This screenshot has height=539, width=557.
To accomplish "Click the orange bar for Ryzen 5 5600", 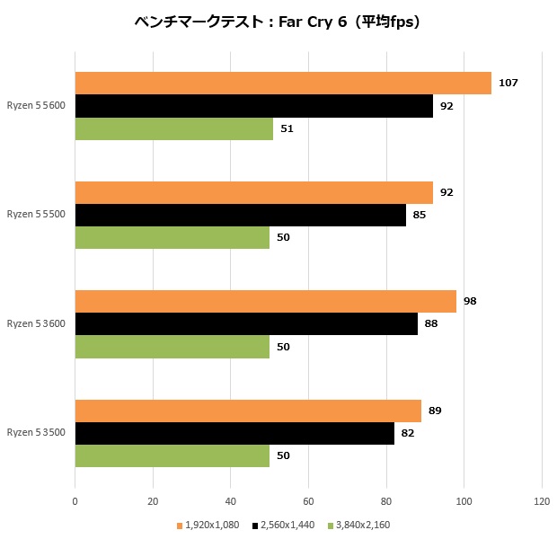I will tap(283, 83).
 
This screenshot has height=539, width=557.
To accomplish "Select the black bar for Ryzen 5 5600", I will tap(253, 106).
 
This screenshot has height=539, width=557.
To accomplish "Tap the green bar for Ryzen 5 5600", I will tap(173, 128).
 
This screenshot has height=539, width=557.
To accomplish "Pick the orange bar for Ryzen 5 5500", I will tap(253, 192).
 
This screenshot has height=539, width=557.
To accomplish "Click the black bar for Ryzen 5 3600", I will tap(246, 323).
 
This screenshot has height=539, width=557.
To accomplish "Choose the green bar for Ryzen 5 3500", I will tap(172, 455).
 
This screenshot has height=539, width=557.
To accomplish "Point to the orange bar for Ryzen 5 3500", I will tap(248, 411).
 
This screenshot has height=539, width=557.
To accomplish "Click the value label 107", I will tap(508, 83).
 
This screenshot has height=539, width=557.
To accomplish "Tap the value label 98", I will tap(469, 301).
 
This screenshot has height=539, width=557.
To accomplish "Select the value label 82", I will tap(407, 433).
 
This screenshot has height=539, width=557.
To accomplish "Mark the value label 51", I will tap(287, 128).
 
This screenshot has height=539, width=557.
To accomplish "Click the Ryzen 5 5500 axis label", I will tap(37, 215).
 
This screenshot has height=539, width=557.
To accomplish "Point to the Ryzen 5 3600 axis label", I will tap(37, 323).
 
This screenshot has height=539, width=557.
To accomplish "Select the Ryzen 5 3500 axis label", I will tap(37, 433).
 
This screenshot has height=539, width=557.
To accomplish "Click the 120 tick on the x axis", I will tap(542, 500).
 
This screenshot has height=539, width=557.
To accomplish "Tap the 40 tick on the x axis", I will tap(230, 500).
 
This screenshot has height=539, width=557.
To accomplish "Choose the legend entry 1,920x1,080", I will tap(211, 525).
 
